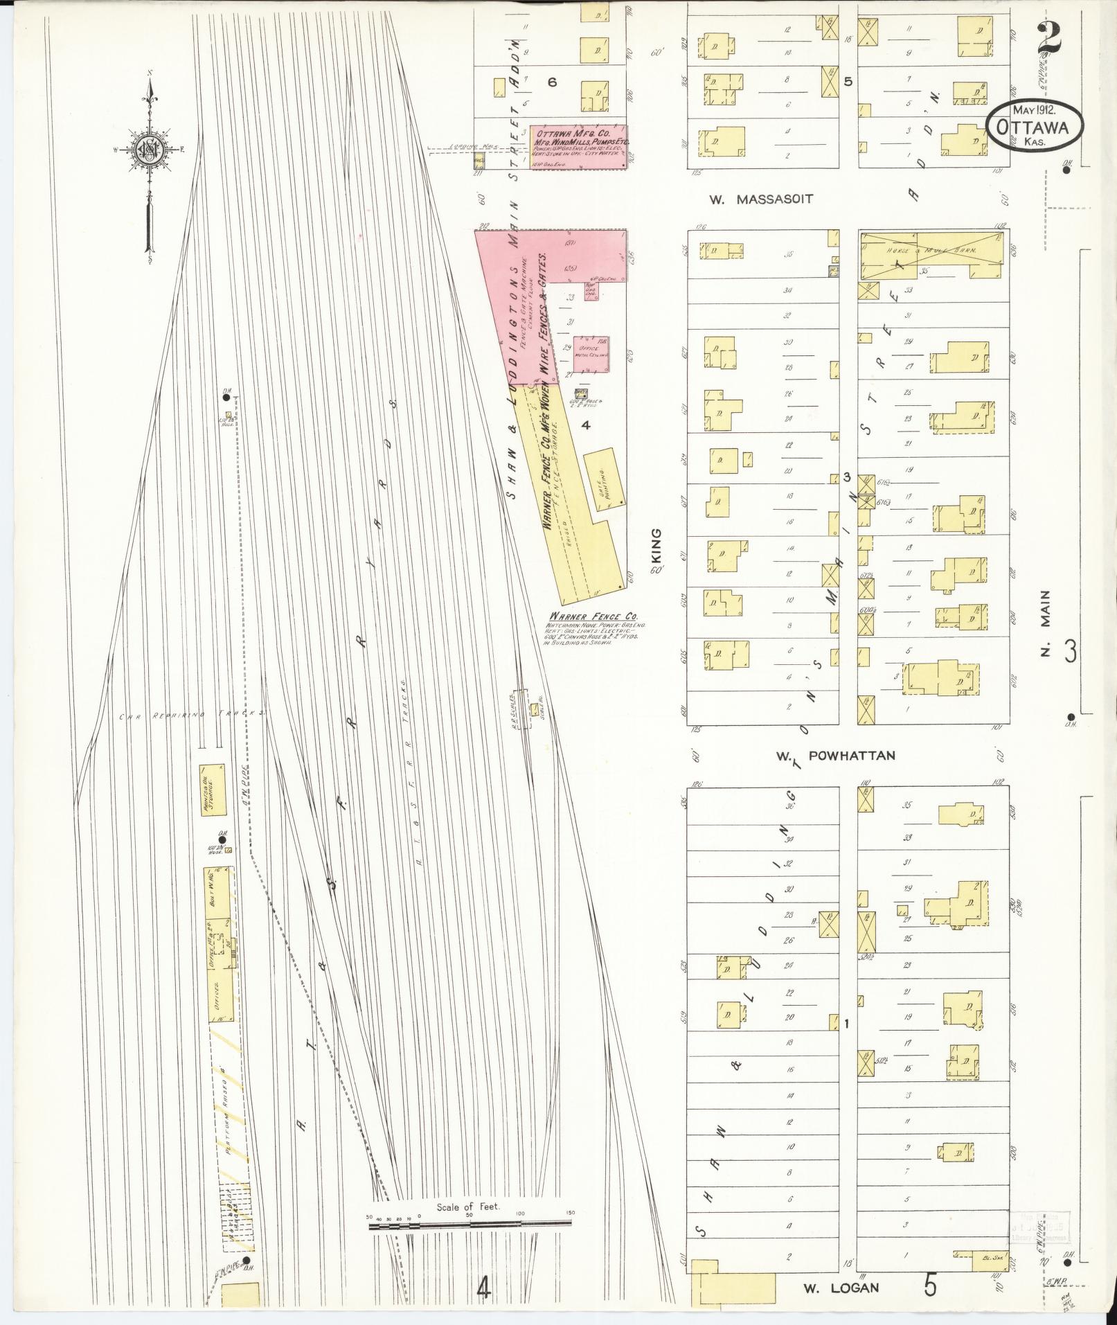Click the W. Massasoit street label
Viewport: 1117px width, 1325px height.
[x=760, y=199]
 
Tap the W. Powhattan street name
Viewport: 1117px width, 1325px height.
[x=836, y=756]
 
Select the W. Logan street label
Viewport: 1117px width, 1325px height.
[x=841, y=1288]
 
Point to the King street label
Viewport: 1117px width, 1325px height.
[x=656, y=549]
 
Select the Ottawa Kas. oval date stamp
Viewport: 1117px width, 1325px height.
[x=1033, y=127]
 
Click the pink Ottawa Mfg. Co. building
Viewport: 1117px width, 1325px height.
[x=578, y=147]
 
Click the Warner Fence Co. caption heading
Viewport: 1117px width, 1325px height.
[x=593, y=616]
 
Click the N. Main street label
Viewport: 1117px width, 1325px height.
[x=1046, y=623]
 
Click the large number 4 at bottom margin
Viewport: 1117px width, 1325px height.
[x=483, y=1289]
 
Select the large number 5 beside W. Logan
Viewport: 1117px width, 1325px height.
[x=930, y=1285]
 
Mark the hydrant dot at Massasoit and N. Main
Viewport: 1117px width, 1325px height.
[x=1066, y=169]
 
